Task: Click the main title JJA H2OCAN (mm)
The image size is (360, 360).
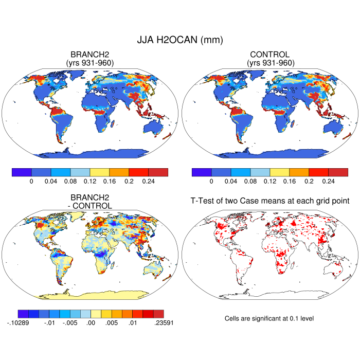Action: click(179, 40)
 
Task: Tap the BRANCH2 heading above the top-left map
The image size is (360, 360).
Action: click(90, 55)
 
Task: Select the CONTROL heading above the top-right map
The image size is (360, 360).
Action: click(270, 55)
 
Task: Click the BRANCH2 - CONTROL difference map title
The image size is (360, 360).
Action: click(91, 202)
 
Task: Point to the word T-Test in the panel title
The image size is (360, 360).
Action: click(202, 201)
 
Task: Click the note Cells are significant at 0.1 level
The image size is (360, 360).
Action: click(269, 319)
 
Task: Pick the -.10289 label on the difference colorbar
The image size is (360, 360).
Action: click(19, 322)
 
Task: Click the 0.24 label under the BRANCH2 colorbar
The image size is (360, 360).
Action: click(148, 181)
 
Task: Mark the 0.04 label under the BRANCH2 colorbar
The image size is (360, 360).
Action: click(51, 181)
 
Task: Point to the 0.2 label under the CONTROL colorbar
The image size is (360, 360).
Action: click(309, 181)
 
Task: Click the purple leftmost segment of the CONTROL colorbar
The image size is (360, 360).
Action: click(201, 172)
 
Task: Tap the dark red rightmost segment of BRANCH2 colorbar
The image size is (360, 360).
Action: click(158, 172)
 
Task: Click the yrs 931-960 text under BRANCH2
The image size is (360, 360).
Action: click(90, 63)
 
